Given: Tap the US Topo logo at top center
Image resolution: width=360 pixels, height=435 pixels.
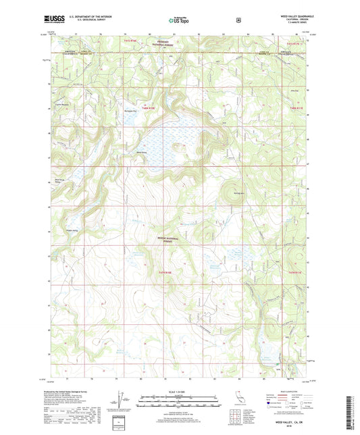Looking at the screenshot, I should point(179,21).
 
